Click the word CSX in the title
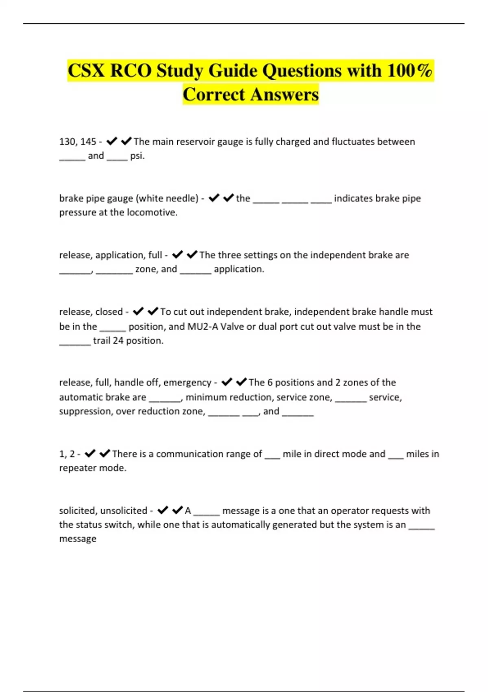87,71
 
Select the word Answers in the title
285,94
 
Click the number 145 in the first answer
88,142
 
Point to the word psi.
137,156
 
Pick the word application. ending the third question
239,269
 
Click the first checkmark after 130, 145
112,141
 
